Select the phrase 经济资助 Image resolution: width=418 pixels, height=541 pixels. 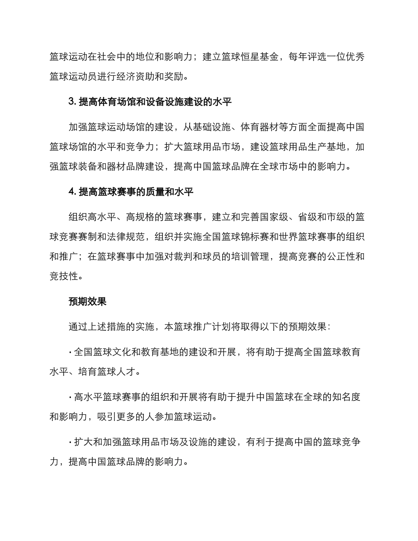(136, 78)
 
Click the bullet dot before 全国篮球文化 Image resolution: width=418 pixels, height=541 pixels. (70, 352)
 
